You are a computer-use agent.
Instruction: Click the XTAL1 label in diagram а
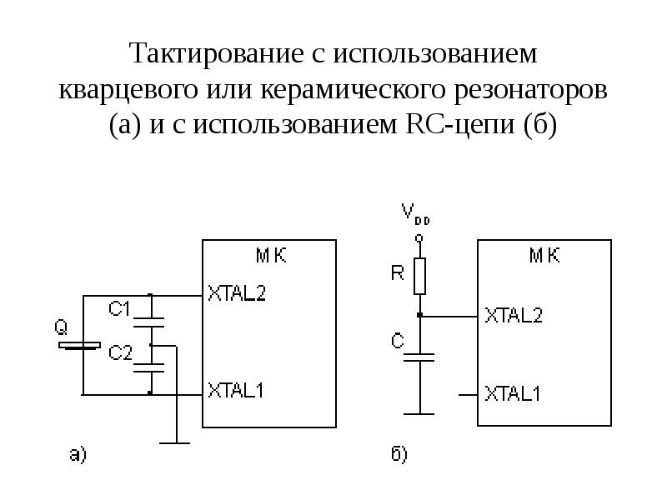tap(237, 389)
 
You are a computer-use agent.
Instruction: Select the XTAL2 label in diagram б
tap(513, 316)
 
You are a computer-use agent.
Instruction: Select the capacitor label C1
tap(121, 309)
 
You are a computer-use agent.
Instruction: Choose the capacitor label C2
tap(121, 352)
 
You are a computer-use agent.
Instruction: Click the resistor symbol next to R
tap(420, 276)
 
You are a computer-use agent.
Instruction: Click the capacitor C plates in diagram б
tap(420, 357)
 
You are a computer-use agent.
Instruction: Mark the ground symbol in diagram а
tap(175, 442)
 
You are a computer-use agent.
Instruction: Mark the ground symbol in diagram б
tap(420, 412)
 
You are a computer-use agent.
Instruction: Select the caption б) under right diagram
tap(399, 454)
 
